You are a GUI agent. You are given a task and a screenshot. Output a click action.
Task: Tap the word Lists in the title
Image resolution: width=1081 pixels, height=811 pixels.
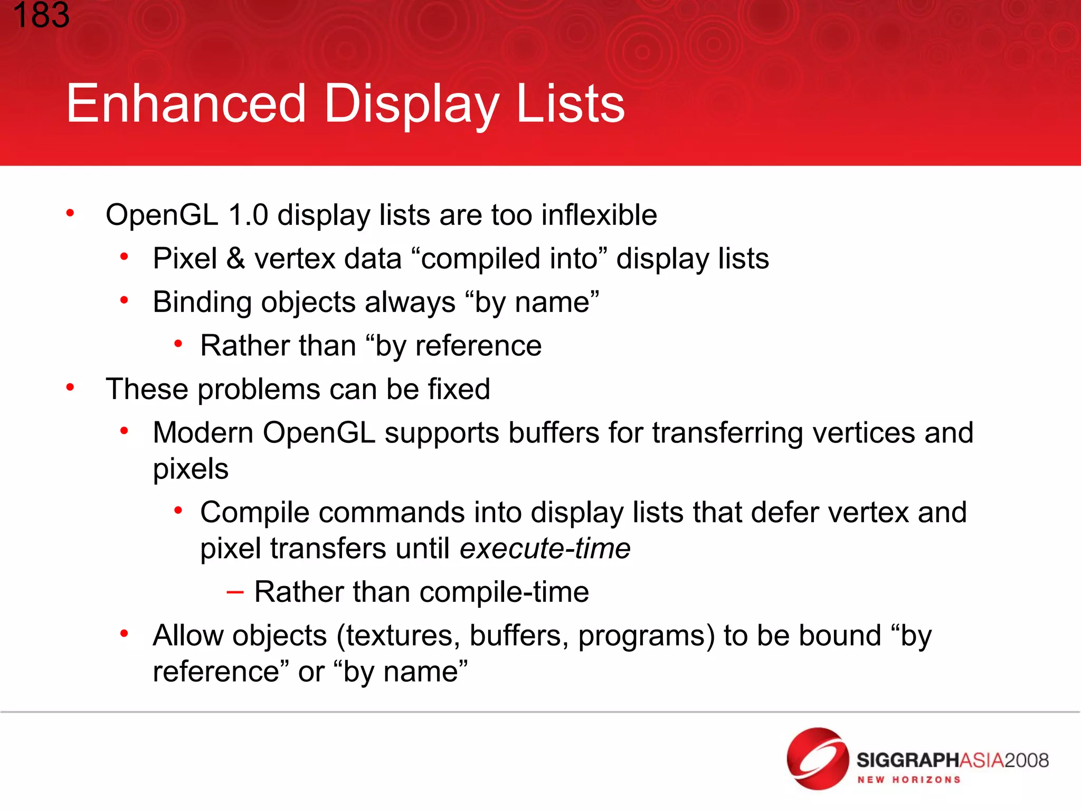tap(570, 104)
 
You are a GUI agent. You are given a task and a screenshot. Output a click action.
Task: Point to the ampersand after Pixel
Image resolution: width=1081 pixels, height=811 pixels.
tap(235, 259)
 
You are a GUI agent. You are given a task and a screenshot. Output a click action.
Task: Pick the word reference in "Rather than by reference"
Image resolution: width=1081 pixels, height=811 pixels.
tap(478, 346)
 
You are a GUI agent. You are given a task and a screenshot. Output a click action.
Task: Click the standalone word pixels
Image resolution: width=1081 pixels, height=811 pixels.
tap(191, 469)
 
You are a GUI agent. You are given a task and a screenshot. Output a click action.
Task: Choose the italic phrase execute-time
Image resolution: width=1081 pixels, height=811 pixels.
tap(545, 549)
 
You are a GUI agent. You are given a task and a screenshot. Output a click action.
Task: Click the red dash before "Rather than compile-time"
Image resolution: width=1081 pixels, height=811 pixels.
tap(235, 592)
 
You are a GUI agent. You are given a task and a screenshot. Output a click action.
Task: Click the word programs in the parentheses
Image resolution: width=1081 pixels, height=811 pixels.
tap(647, 636)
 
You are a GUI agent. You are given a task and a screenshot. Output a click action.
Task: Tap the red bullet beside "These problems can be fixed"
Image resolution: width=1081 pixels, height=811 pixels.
tap(70, 388)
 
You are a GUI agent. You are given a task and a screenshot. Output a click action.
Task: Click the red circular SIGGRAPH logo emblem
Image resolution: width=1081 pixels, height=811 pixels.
tap(818, 759)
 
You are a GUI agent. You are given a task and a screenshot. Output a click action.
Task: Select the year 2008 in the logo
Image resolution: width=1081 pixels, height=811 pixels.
tap(1026, 760)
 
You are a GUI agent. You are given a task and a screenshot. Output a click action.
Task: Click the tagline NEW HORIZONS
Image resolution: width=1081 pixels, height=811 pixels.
tap(908, 780)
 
